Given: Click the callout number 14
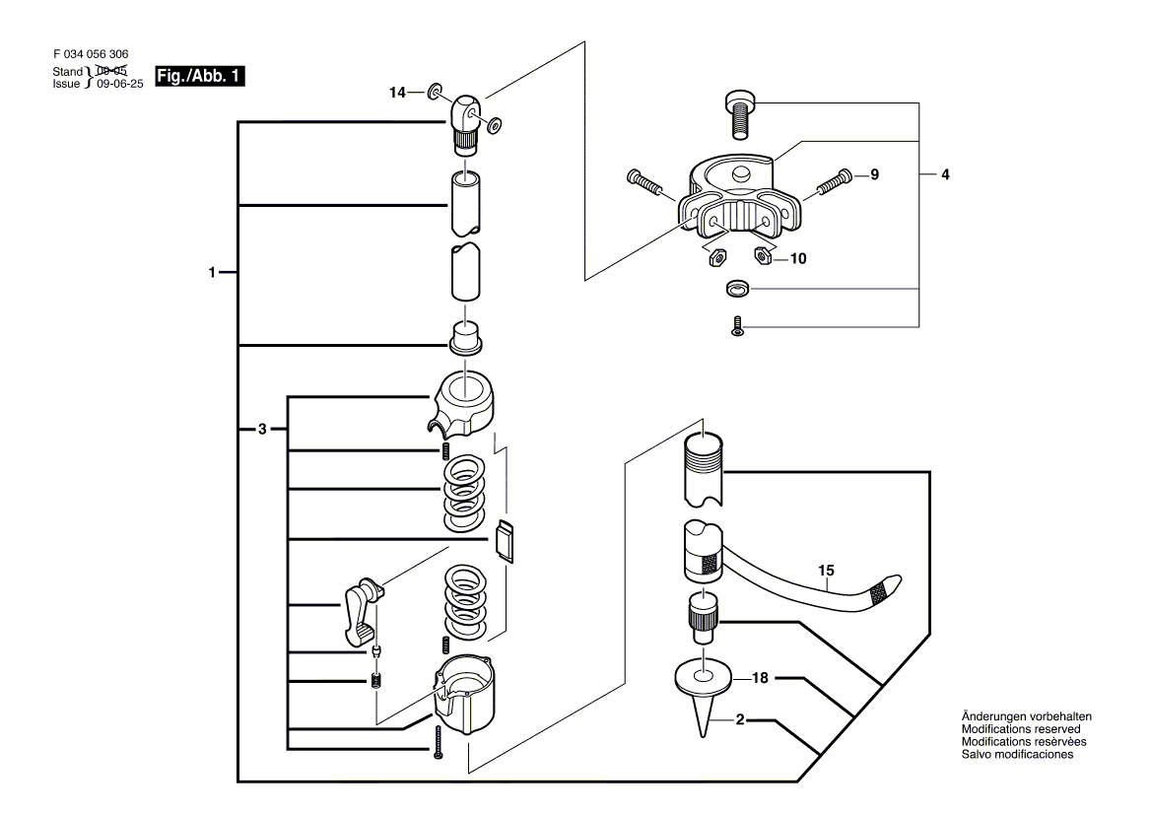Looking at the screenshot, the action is coord(397,93).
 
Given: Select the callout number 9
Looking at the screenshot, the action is coord(874,174).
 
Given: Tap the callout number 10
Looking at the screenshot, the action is coord(798,258).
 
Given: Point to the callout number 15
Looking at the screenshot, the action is coord(826,571).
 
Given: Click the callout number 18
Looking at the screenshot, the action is coord(760,678).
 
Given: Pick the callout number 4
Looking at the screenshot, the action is coord(945,174).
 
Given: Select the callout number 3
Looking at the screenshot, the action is coord(263,430).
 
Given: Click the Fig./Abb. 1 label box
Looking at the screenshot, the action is coord(200,76).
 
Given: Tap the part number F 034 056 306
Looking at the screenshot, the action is coord(91,54).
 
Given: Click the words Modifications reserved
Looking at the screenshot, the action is coord(1021,729).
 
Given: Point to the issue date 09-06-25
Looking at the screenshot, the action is coord(120,84).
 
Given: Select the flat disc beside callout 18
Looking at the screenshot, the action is coord(704,678).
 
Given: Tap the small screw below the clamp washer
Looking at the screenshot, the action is coord(738,326).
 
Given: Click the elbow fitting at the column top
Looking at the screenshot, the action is coord(465,123).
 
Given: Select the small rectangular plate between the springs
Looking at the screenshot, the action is coord(505,541).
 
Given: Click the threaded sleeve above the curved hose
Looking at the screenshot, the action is coord(704,470).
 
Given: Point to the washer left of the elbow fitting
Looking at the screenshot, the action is coord(436,91).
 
